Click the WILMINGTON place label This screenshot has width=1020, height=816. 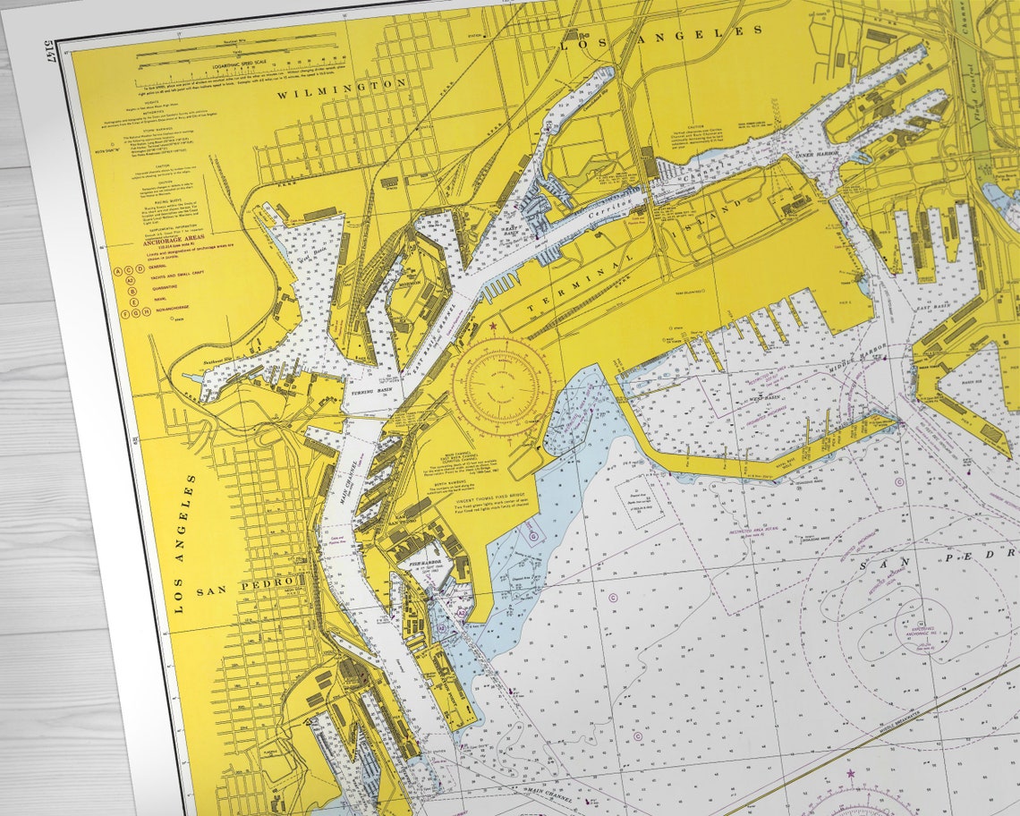pyautogui.click(x=342, y=87)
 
